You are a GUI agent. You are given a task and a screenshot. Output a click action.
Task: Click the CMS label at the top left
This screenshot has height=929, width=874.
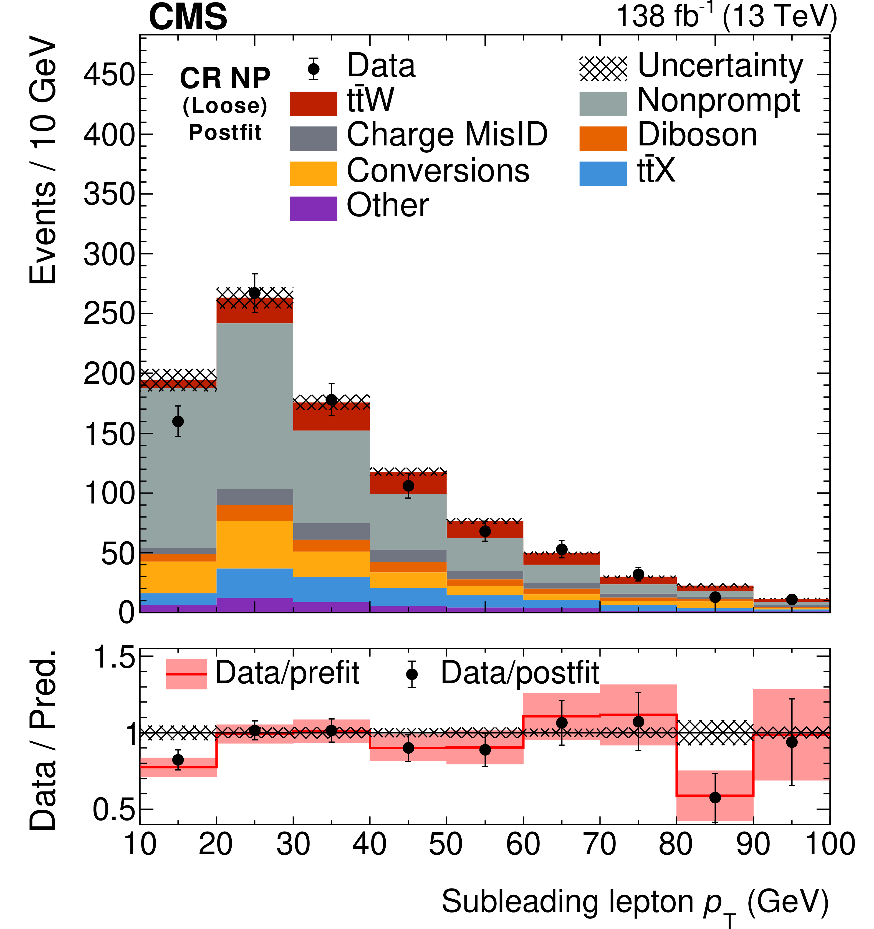188,17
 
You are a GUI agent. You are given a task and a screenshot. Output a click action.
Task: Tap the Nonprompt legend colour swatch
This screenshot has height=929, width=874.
603,103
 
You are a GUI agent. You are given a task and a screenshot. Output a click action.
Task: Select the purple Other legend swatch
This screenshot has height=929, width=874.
313,208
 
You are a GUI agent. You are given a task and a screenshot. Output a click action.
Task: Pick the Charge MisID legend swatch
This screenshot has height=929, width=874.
313,138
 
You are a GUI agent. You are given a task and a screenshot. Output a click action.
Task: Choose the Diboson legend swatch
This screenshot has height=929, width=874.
603,138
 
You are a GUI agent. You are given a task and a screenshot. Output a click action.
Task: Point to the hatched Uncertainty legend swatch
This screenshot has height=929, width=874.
603,69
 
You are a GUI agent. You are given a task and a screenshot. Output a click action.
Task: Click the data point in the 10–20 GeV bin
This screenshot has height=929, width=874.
178,421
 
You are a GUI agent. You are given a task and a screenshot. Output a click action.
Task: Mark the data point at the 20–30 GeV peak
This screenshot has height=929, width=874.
255,293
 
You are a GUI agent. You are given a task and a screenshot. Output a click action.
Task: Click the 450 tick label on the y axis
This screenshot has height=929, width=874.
109,75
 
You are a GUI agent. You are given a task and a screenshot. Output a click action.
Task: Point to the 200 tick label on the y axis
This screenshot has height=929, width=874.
109,374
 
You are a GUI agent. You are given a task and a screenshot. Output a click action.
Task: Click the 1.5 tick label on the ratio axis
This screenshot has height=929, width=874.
114,658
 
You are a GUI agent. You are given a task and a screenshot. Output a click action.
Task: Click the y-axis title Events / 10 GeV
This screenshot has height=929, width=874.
43,161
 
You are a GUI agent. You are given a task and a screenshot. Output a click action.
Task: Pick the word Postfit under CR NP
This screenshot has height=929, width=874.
225,133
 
